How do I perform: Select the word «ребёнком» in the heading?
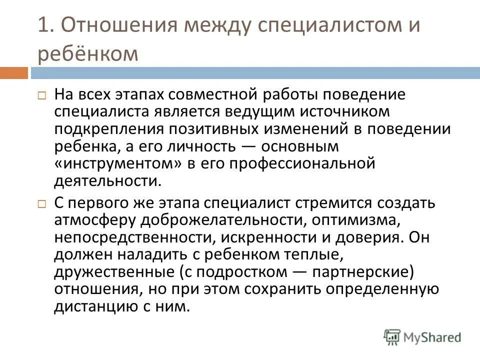pos(87,54)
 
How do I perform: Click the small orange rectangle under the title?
pos(13,73)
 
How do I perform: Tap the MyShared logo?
pos(422,336)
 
